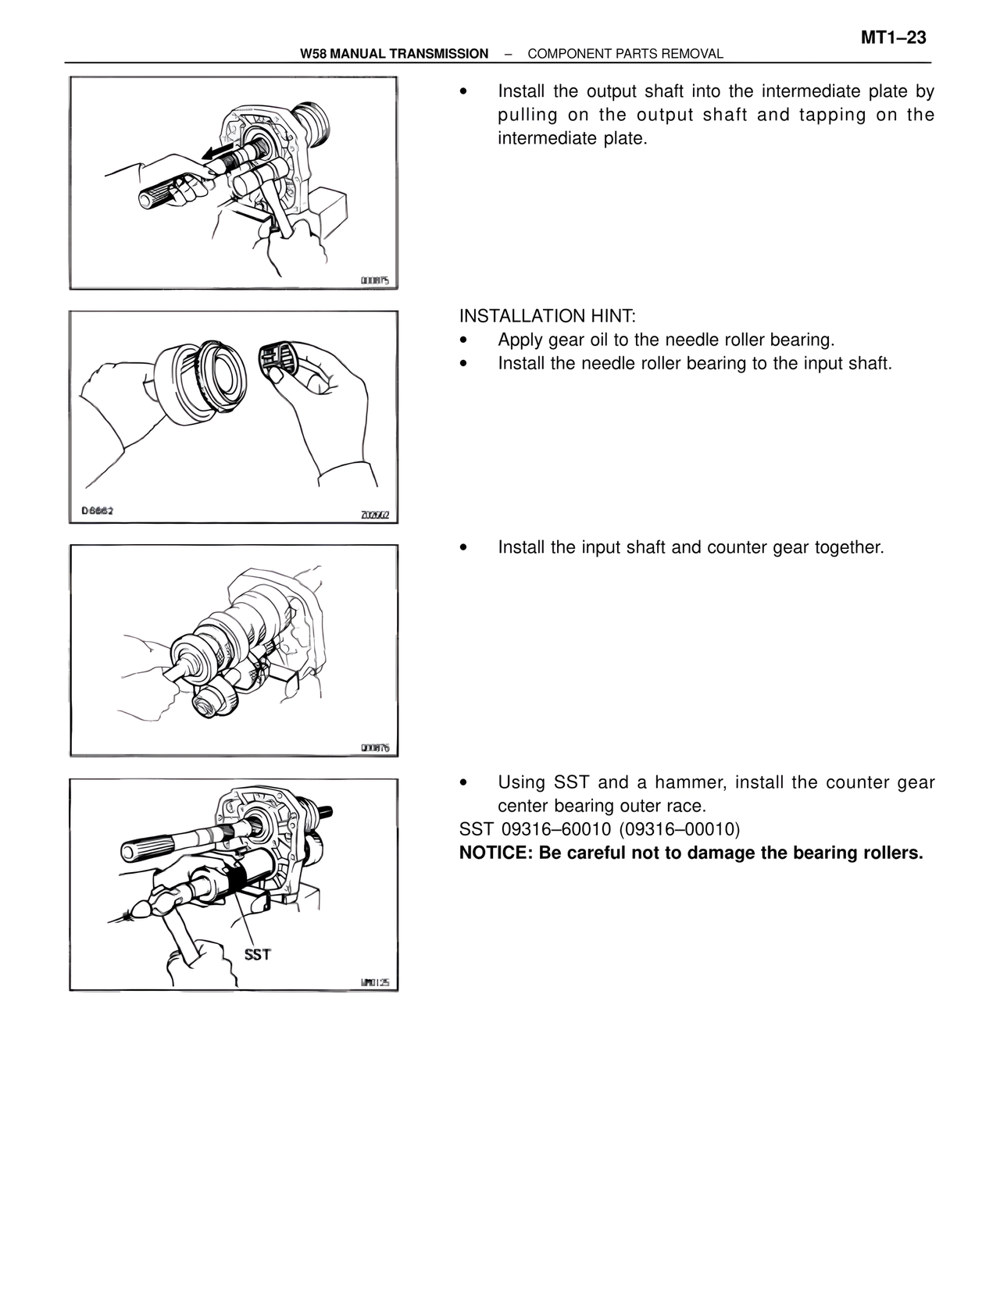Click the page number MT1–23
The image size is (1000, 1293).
[x=894, y=37]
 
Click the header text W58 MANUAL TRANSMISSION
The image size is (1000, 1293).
[x=394, y=54]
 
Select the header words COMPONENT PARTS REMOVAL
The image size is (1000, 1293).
[x=625, y=54]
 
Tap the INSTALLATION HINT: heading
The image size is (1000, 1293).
[x=548, y=316]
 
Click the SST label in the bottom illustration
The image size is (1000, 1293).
[x=257, y=954]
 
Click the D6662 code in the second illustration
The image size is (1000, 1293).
[x=98, y=511]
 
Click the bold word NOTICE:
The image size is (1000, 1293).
[x=493, y=852]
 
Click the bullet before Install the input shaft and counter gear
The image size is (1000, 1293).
[x=464, y=548]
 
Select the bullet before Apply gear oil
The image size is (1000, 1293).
[x=464, y=340]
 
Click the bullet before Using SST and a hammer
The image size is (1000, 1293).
[x=464, y=782]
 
